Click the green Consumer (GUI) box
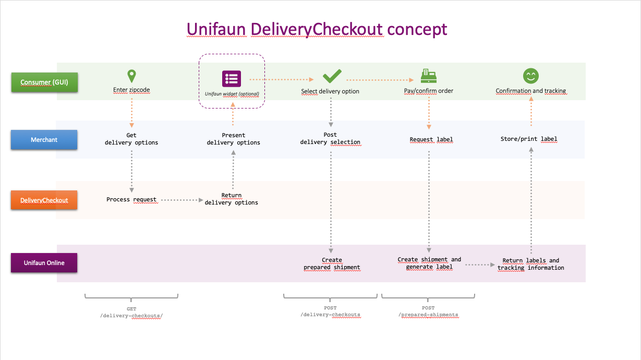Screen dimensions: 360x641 click(44, 82)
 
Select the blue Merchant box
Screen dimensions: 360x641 click(44, 140)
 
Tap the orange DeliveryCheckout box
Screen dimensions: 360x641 click(44, 200)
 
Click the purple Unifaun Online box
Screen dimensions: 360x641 click(44, 263)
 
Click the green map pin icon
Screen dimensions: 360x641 click(131, 76)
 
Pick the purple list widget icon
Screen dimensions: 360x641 click(232, 79)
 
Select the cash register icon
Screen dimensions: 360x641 click(428, 76)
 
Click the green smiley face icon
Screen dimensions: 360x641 click(531, 76)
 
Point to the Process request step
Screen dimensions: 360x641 click(131, 200)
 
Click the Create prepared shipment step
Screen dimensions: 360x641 click(332, 263)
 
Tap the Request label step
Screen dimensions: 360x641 click(431, 140)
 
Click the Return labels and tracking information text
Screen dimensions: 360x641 click(531, 264)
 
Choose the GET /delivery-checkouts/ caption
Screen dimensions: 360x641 click(131, 312)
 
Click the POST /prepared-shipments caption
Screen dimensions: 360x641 click(428, 311)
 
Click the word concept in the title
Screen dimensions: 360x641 click(417, 29)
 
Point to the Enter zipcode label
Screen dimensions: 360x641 click(131, 90)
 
